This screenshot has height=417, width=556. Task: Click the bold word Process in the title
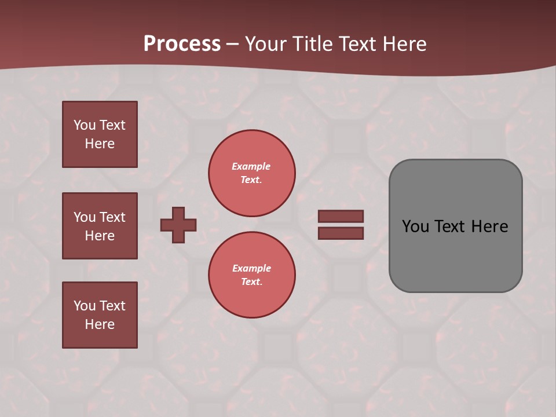[182, 44]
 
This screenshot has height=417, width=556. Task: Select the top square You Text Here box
[100, 134]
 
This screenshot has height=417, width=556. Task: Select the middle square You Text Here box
[100, 226]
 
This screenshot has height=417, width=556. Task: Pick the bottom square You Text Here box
[100, 315]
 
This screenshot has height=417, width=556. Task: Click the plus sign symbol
[178, 225]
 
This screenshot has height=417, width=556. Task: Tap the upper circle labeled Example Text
[251, 173]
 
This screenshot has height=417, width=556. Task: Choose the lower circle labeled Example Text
[251, 275]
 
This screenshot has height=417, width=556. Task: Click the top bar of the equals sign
[341, 216]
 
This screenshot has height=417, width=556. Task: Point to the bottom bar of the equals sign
[341, 233]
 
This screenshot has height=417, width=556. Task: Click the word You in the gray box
[415, 226]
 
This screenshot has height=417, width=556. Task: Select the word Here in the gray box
[489, 226]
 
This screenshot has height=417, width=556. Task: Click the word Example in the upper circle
[251, 166]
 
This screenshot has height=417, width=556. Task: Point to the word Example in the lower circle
[251, 268]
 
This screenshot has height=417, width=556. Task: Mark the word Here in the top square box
[100, 144]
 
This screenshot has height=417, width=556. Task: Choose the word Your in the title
[268, 44]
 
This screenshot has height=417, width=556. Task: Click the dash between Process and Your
[232, 45]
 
